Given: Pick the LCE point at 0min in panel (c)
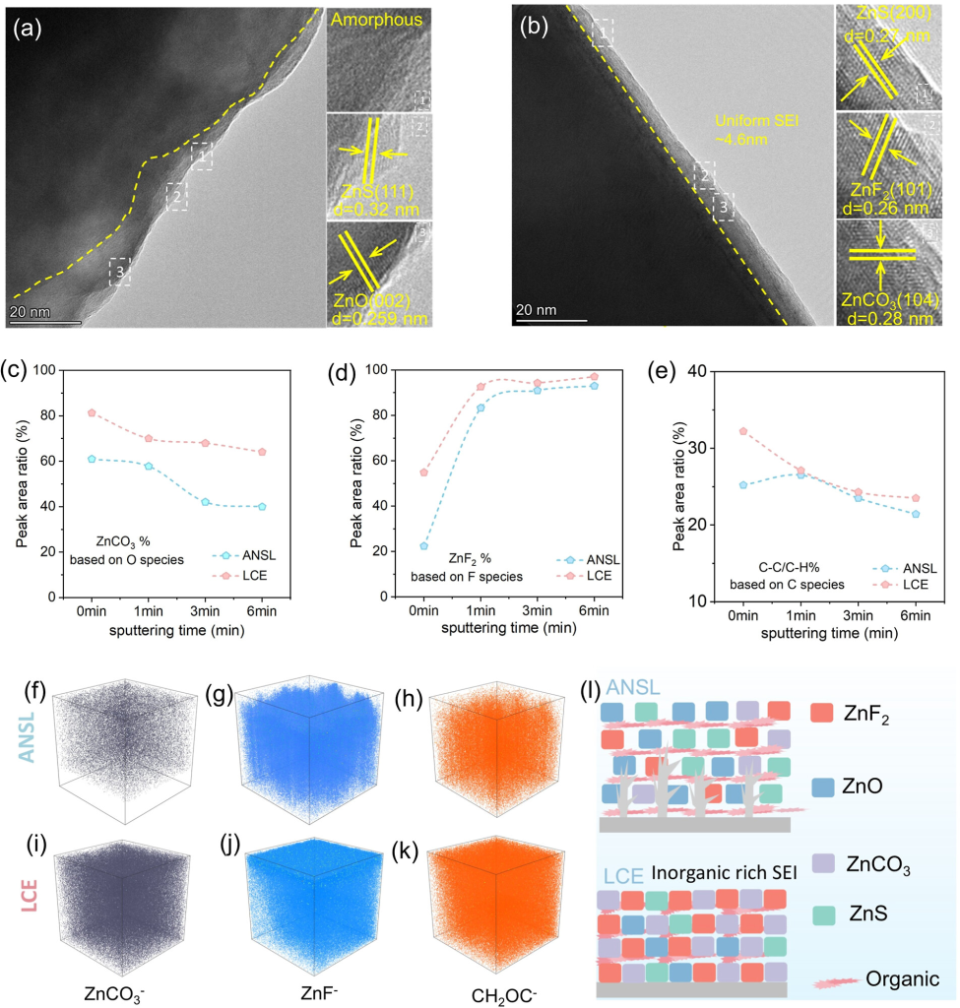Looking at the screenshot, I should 92,412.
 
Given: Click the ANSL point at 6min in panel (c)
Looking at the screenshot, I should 262,507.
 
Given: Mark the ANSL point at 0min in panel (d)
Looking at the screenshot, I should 423,546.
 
